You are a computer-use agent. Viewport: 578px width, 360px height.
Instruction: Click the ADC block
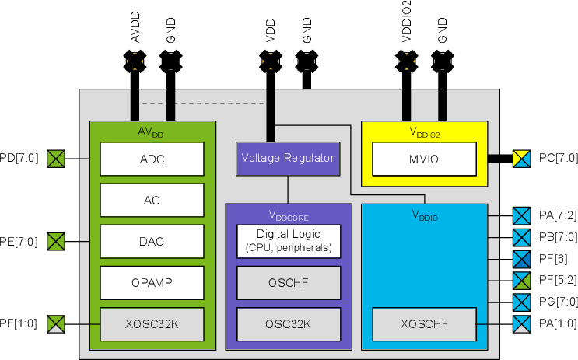pyautogui.click(x=152, y=159)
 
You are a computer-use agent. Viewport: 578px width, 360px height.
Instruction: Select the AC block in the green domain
pyautogui.click(x=152, y=200)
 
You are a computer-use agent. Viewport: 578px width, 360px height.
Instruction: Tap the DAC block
pyautogui.click(x=152, y=241)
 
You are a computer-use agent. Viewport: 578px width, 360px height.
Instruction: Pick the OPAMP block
pyautogui.click(x=152, y=283)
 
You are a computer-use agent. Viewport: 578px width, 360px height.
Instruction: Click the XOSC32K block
pyautogui.click(x=152, y=323)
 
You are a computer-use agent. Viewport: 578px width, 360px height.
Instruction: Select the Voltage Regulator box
pyautogui.click(x=288, y=158)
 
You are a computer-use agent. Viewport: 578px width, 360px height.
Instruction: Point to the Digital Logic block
pyautogui.click(x=289, y=241)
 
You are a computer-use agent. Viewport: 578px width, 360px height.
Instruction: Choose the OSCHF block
pyautogui.click(x=289, y=283)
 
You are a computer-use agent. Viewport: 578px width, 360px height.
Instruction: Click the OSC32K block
pyautogui.click(x=289, y=323)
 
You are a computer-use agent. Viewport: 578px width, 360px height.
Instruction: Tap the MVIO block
pyautogui.click(x=424, y=159)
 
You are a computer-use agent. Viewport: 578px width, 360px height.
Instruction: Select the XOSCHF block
pyautogui.click(x=424, y=323)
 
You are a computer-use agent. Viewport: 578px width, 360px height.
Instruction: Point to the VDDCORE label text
pyautogui.click(x=289, y=215)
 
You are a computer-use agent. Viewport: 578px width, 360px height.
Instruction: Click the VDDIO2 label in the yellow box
pyautogui.click(x=425, y=132)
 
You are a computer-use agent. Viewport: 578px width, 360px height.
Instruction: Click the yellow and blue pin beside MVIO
pyautogui.click(x=521, y=159)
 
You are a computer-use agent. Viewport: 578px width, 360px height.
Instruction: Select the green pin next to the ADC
pyautogui.click(x=56, y=159)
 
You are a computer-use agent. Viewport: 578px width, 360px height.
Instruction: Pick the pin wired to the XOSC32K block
pyautogui.click(x=56, y=323)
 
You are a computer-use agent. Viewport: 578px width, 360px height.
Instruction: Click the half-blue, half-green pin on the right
pyautogui.click(x=521, y=281)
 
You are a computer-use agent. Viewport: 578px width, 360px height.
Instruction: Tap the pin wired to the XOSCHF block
pyautogui.click(x=521, y=323)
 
